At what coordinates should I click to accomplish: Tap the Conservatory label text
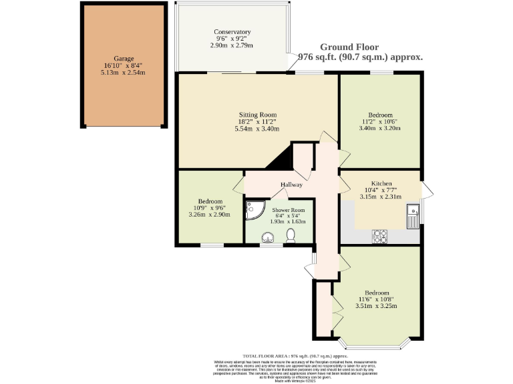(x=232, y=32)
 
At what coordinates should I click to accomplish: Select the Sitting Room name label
(x=257, y=115)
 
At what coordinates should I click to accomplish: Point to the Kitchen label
(x=381, y=183)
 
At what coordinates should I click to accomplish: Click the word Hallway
(x=291, y=185)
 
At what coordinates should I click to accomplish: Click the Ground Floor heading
(x=349, y=47)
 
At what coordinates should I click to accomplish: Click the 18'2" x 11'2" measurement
(x=257, y=122)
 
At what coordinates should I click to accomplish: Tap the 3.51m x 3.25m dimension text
(x=377, y=307)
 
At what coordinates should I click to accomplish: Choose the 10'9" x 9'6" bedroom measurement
(x=210, y=208)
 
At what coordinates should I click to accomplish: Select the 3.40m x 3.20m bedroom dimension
(x=380, y=128)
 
